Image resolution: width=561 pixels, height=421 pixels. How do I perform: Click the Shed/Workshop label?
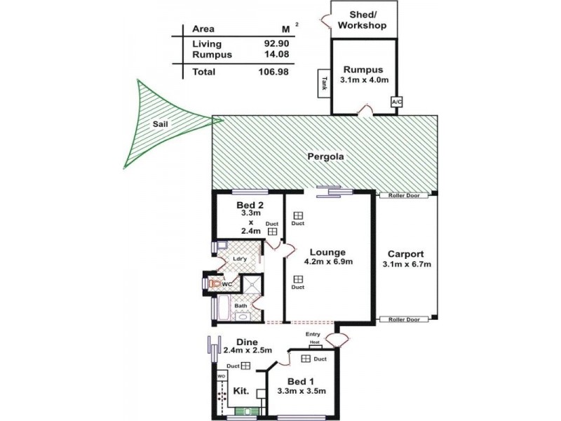(x=362, y=20)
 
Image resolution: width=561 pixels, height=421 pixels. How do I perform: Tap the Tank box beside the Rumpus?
(x=324, y=82)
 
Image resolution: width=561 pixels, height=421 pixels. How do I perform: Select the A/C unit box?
(x=397, y=102)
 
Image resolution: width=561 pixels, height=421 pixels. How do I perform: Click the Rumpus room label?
(x=363, y=69)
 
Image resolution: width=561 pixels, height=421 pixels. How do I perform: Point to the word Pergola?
(x=325, y=157)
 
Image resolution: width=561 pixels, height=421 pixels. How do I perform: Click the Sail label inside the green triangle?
(x=161, y=125)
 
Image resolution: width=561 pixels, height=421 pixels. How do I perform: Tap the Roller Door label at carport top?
(x=403, y=196)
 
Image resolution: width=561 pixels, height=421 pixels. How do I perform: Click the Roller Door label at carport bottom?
(x=403, y=319)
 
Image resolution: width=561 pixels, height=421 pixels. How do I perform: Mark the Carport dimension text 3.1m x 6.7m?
(x=407, y=264)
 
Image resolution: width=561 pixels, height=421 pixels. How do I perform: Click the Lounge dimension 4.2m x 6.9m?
(x=328, y=262)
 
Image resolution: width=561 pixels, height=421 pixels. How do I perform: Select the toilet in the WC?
(x=214, y=283)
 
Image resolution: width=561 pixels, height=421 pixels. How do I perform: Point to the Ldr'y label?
(x=239, y=258)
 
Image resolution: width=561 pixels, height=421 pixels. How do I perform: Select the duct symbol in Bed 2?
(x=272, y=230)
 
